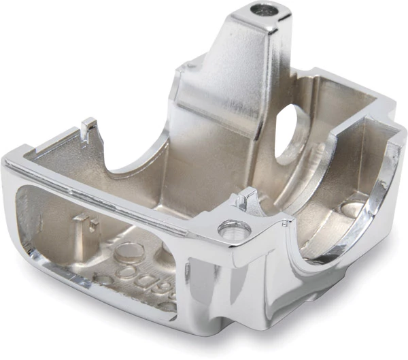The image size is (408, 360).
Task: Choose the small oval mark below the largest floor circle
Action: click(x=103, y=279)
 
